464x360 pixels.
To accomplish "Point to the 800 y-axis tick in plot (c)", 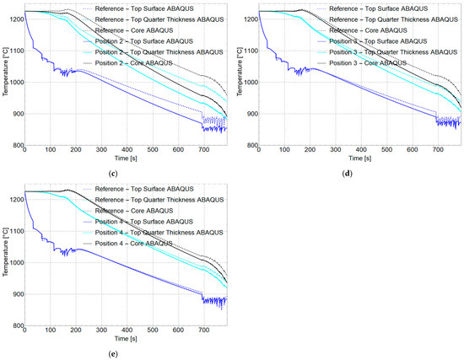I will click(15, 145).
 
